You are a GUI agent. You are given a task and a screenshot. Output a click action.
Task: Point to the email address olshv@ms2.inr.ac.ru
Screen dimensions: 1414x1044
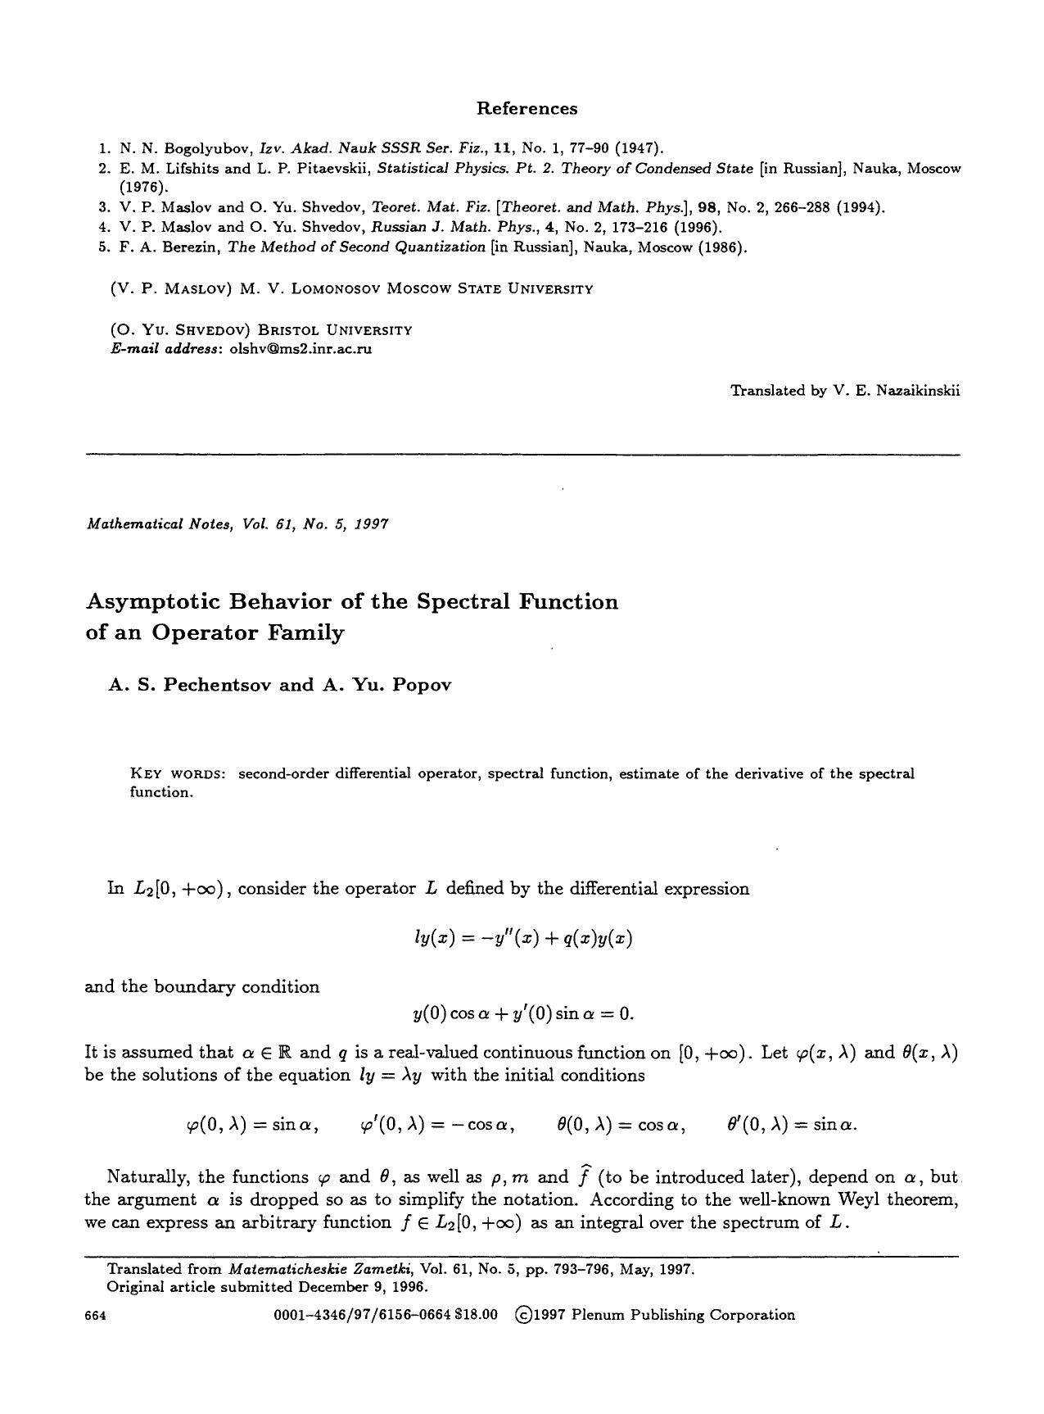pyautogui.click(x=298, y=348)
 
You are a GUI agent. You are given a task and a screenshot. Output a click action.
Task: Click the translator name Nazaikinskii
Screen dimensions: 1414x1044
pyautogui.click(x=919, y=391)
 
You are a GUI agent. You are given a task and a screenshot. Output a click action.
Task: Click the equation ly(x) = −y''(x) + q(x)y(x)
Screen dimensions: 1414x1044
pyautogui.click(x=523, y=939)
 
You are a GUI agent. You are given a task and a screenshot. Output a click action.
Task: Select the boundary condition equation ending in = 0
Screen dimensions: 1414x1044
pyautogui.click(x=523, y=1014)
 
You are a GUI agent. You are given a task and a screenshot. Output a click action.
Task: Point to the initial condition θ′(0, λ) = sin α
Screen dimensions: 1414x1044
pyautogui.click(x=791, y=1125)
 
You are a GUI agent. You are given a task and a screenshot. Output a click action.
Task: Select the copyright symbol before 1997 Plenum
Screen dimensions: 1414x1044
pyautogui.click(x=522, y=1315)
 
